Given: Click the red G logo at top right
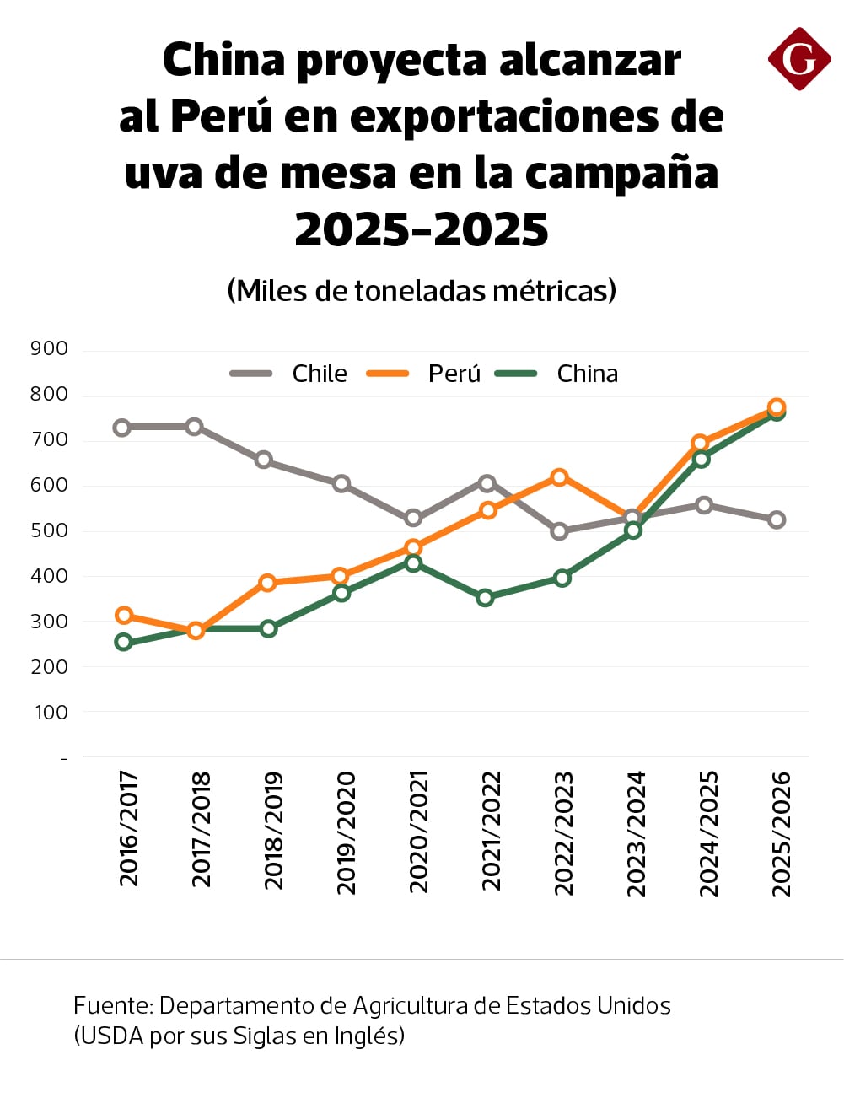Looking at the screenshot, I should (x=798, y=59).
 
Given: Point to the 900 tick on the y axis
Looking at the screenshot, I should (x=49, y=348).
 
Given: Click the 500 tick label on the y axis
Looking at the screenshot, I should (x=49, y=530).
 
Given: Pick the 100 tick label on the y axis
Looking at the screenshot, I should (x=51, y=713).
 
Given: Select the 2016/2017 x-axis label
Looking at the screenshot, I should (x=129, y=828).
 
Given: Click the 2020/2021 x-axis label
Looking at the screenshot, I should (x=419, y=832).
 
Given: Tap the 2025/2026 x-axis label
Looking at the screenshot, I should (x=782, y=833).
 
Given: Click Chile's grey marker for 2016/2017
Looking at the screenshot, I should (x=122, y=428).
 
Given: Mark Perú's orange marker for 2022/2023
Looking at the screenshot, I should (x=559, y=477).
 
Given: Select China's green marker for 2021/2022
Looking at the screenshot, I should (x=485, y=598).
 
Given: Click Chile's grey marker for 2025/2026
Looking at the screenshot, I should (x=777, y=520).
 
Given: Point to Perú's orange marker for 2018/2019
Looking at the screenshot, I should (x=268, y=583).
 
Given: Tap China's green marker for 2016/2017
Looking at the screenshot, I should (x=124, y=643).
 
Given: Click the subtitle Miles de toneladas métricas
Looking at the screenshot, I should (x=422, y=291).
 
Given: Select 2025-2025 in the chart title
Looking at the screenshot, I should (x=422, y=229).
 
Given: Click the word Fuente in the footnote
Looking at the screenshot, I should (x=112, y=1005).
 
